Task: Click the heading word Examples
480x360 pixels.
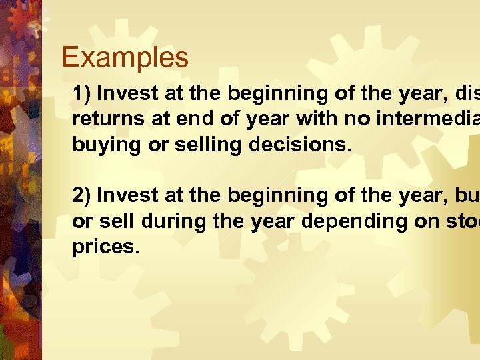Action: click(125, 58)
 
